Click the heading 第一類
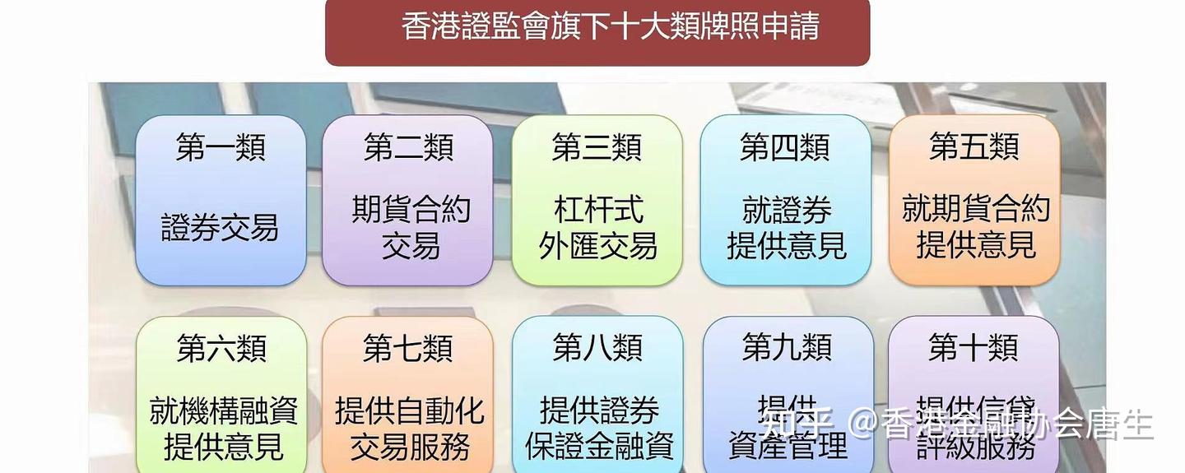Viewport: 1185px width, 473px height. pos(221,148)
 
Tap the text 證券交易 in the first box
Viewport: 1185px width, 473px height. pos(221,228)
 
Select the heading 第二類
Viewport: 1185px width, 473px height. pos(408,148)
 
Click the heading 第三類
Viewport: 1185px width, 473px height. pos(597,148)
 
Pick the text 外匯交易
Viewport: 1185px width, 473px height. pos(598,246)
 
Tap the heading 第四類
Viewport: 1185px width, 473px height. pos(785,148)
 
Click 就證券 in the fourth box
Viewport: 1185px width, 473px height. pos(787,210)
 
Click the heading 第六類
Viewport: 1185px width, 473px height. pos(221,348)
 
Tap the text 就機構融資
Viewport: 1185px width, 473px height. pos(223,410)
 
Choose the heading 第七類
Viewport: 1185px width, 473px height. pos(408,348)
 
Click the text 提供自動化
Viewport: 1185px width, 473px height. pos(410,410)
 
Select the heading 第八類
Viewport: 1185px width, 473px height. pos(597,348)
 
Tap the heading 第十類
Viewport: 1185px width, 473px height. pos(974,347)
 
